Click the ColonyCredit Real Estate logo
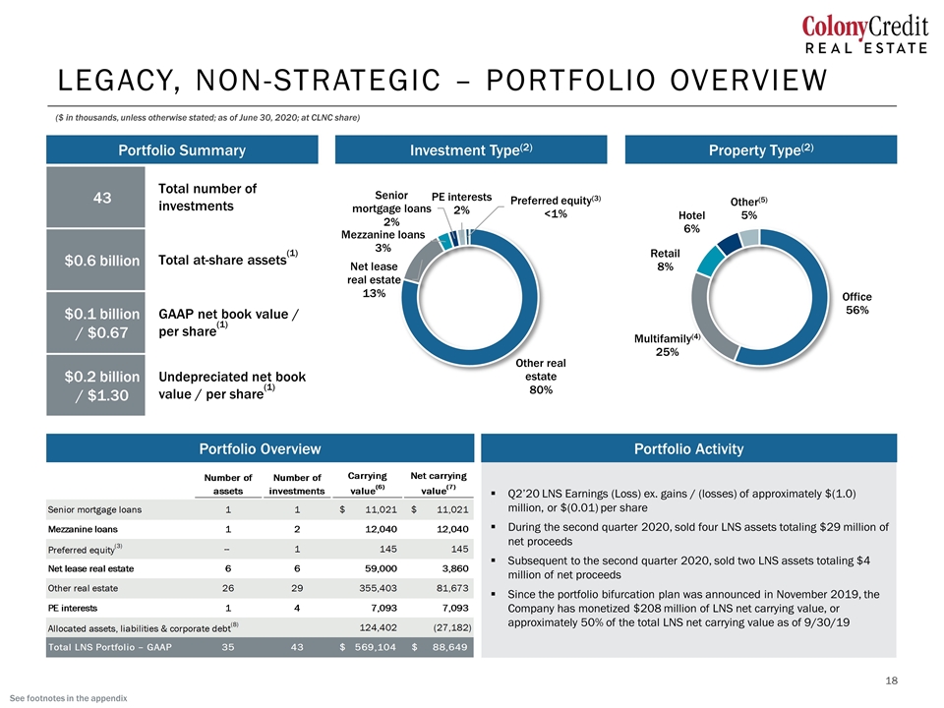click(x=864, y=35)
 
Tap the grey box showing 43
click(x=95, y=198)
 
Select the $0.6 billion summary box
click(x=95, y=260)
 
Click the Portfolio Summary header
click(x=182, y=149)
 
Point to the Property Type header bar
click(x=761, y=149)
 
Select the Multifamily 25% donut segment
click(x=704, y=319)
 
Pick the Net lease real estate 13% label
click(x=374, y=279)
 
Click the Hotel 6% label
click(x=691, y=221)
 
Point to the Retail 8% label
click(x=665, y=260)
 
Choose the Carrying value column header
click(x=367, y=483)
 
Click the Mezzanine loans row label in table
click(x=83, y=529)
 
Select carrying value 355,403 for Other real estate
click(x=378, y=588)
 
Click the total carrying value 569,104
click(x=375, y=647)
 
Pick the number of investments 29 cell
click(x=297, y=588)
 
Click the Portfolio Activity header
click(x=688, y=448)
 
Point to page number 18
click(x=891, y=680)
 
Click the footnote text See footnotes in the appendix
click(x=69, y=698)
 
